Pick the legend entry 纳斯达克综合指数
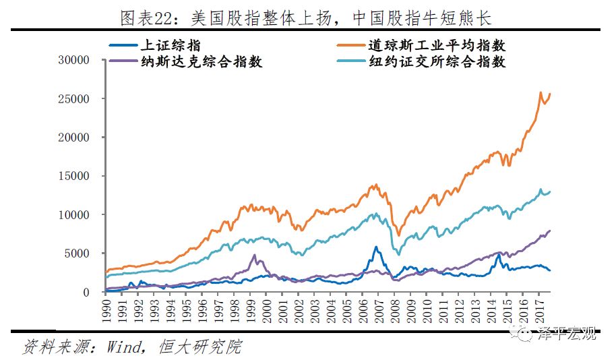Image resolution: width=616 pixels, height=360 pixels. [199, 63]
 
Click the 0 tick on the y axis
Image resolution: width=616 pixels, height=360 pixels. [86, 293]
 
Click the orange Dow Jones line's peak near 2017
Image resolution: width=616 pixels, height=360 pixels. [541, 93]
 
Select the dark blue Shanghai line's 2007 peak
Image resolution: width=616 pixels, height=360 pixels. [376, 247]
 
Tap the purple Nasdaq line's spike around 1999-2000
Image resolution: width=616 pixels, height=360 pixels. [254, 255]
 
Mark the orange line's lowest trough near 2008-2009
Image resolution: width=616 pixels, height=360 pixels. [398, 235]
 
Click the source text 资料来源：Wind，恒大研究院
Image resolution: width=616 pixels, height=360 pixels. [132, 347]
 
